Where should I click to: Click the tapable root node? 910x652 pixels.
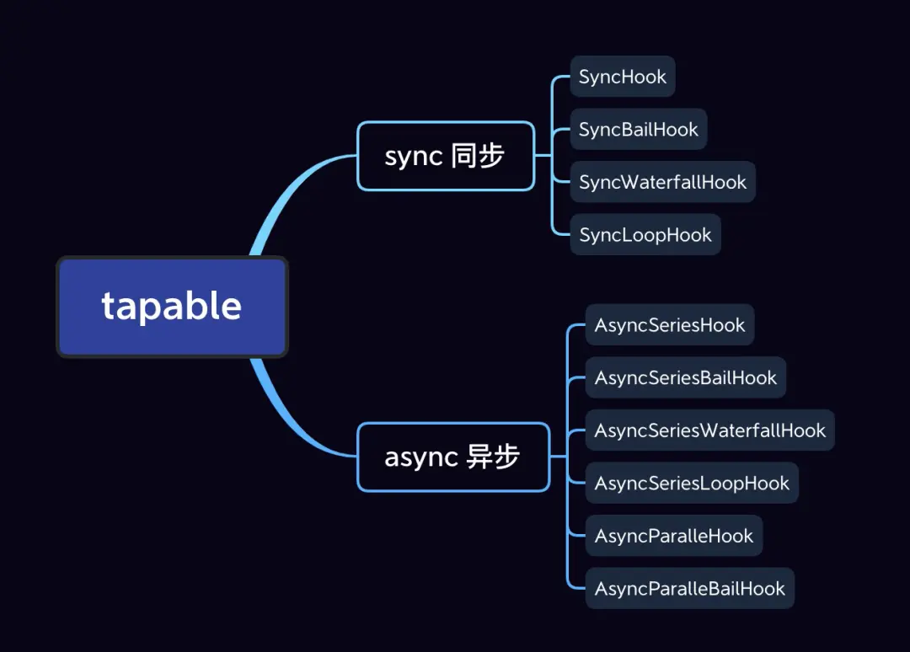point(172,307)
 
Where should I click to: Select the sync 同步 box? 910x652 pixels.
point(446,156)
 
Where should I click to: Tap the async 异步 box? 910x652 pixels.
point(453,457)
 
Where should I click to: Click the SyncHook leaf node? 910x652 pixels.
point(623,77)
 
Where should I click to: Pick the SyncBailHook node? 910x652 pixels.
point(639,129)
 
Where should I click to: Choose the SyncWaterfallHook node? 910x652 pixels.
point(662,182)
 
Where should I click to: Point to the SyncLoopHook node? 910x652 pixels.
point(645,235)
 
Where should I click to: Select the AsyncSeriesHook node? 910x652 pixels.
point(670,325)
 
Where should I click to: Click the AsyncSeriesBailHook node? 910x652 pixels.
point(686,377)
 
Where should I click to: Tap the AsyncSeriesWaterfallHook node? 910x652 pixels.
point(710,430)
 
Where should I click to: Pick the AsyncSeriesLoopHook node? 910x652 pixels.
point(692,484)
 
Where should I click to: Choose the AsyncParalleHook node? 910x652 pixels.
point(674,536)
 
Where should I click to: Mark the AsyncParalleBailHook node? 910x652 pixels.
point(690,589)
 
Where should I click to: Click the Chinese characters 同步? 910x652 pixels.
point(478,156)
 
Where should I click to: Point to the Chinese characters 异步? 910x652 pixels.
point(493,457)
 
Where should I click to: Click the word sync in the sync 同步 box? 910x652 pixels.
point(413,157)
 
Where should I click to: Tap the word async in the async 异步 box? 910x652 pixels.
point(420,457)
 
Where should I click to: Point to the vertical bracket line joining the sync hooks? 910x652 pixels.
point(553,156)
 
